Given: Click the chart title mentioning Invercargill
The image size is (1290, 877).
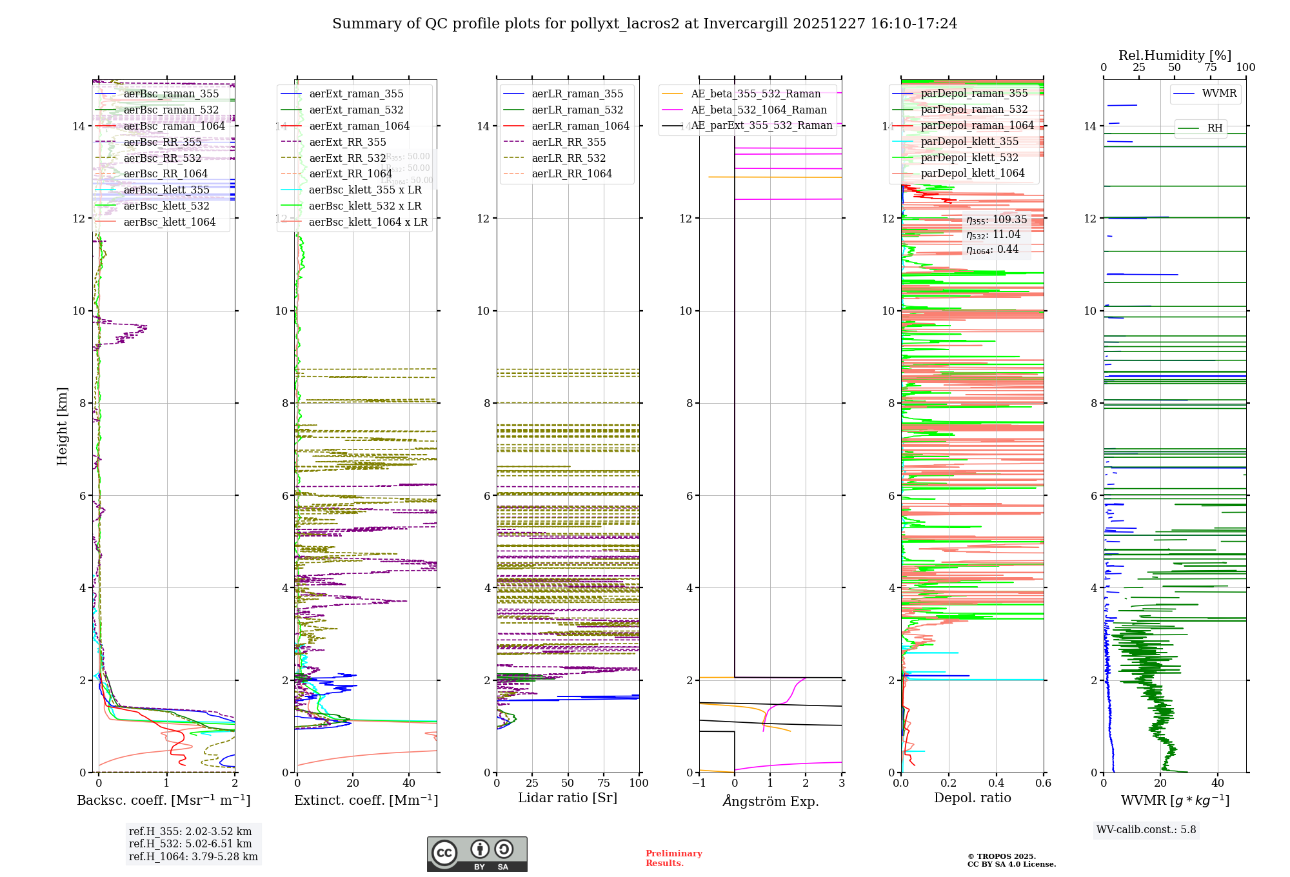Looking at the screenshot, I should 644,24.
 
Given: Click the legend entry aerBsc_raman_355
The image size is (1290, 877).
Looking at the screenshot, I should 171,94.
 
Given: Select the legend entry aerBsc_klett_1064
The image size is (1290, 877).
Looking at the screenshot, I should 169,222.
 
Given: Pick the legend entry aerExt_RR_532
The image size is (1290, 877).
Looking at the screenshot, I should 347,158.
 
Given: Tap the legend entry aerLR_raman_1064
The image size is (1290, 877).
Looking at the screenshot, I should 580,126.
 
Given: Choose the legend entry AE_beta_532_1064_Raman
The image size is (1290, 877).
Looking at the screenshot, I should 759,110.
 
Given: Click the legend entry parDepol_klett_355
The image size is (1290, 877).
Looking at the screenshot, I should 969,142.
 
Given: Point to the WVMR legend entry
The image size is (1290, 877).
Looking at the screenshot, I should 1219,94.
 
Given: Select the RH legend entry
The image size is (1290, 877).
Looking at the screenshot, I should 1215,128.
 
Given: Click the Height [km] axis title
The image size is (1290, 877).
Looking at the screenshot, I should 62,426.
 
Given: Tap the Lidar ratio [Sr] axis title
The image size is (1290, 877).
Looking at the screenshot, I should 568,798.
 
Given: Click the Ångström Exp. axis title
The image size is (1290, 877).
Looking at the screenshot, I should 771,802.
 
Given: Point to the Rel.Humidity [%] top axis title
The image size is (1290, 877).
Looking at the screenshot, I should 1175,55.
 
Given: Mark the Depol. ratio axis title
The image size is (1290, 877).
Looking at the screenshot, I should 973,798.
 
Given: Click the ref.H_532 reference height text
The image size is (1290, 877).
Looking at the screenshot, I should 190,844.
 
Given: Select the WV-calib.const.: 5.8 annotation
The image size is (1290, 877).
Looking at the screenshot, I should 1146,830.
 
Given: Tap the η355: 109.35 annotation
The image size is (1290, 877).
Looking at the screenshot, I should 997,221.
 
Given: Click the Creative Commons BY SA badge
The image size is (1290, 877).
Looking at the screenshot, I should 477,854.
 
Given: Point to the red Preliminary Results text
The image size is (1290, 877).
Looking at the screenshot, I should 673,858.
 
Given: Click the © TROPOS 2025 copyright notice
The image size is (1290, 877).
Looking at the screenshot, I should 1011,860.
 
